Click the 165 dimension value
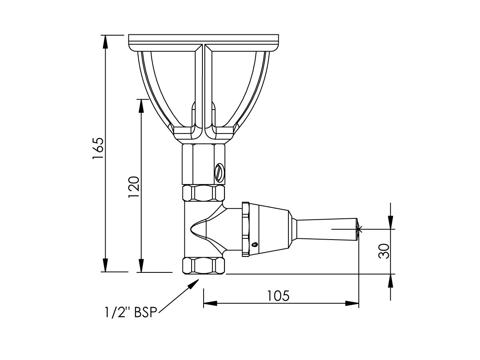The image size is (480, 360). (x=98, y=149)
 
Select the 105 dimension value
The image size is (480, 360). (x=278, y=296)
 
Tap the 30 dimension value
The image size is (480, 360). (x=384, y=251)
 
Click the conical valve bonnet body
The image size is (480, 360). (x=270, y=230)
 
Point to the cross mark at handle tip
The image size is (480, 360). (x=359, y=229)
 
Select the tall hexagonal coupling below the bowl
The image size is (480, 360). (x=203, y=164)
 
